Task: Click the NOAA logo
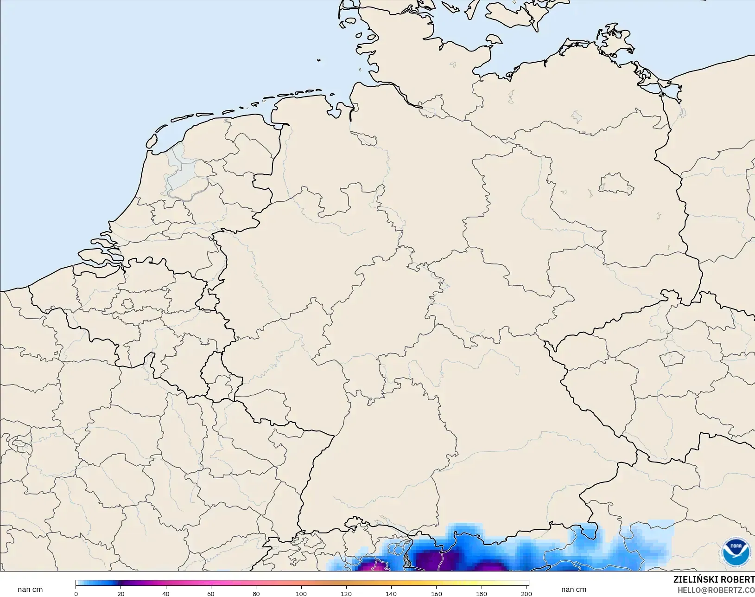point(736,551)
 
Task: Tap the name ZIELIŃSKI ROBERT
point(714,579)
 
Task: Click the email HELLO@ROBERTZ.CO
point(716,590)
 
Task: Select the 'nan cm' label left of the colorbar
point(30,589)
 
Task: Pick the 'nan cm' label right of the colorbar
point(573,589)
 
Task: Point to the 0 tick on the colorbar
point(76,593)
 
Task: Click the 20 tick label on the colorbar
point(121,593)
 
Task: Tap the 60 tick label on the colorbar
point(211,593)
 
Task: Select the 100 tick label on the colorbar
point(301,593)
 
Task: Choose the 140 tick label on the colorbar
point(391,593)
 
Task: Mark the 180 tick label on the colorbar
point(482,593)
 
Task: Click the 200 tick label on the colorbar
point(526,593)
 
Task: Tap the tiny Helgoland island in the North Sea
point(319,60)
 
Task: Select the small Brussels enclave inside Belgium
point(127,304)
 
